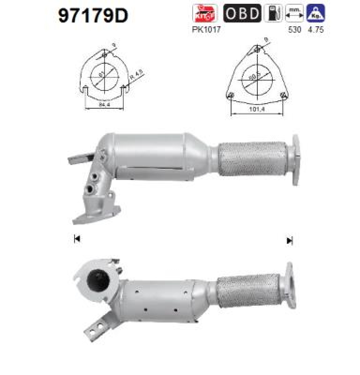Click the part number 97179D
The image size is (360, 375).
pos(93,15)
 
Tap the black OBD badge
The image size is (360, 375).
pos(242,14)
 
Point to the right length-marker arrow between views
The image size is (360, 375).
pos(289,240)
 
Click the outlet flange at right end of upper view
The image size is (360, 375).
pos(295,159)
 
